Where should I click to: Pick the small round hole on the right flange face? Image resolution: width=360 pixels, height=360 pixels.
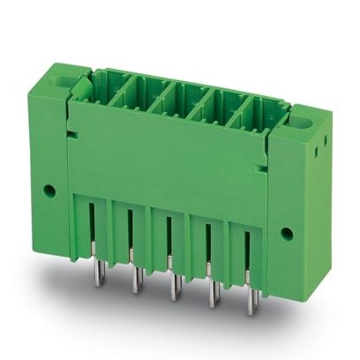286,233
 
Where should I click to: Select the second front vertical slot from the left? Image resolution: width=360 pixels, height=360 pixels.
130,231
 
